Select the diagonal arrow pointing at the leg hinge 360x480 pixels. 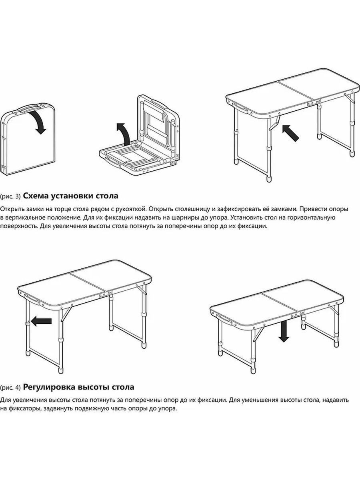290,133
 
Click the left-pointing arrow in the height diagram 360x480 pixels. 41,321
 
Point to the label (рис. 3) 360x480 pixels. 10,196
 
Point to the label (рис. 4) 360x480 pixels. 10,388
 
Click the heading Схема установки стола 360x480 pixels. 71,196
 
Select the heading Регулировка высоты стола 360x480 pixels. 79,387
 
